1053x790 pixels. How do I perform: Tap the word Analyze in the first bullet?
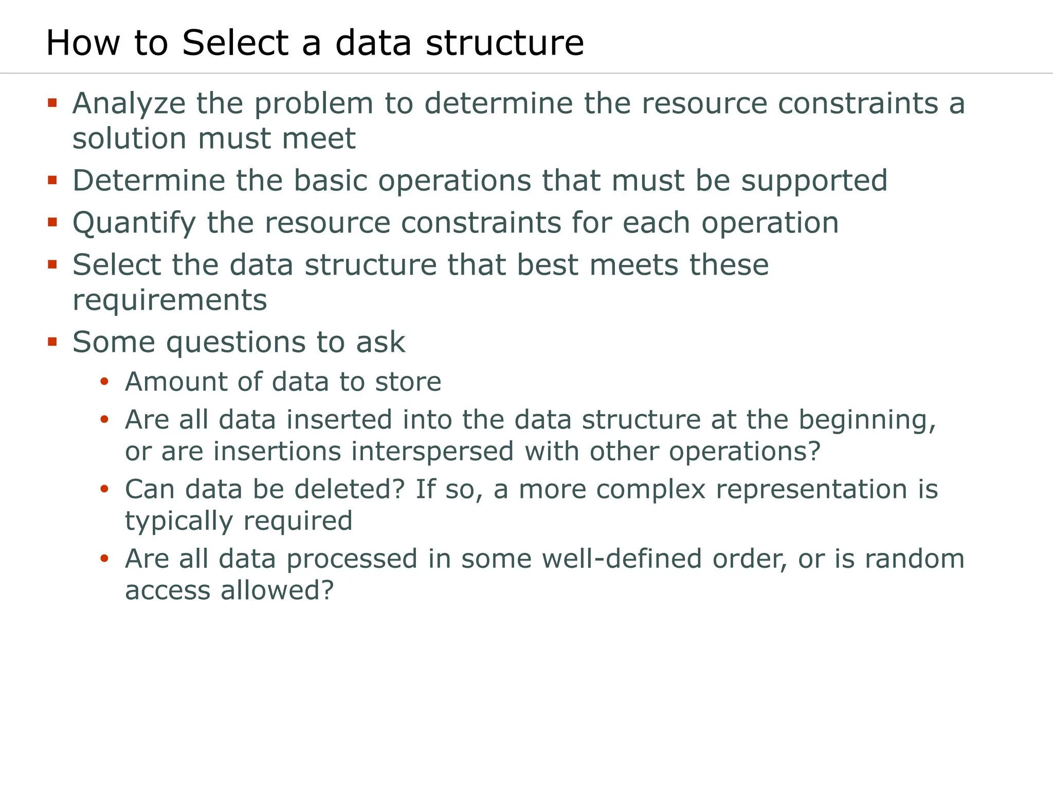(129, 104)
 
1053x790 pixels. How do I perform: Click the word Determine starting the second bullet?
(149, 181)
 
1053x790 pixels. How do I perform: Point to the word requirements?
(170, 300)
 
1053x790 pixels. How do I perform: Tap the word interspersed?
(433, 452)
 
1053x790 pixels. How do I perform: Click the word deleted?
(350, 489)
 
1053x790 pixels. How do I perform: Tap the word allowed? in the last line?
(277, 590)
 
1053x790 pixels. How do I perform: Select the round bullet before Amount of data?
(104, 382)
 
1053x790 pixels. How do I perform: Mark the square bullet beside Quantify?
(52, 223)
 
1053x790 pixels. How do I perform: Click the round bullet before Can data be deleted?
(104, 489)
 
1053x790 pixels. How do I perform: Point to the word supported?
(814, 181)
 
